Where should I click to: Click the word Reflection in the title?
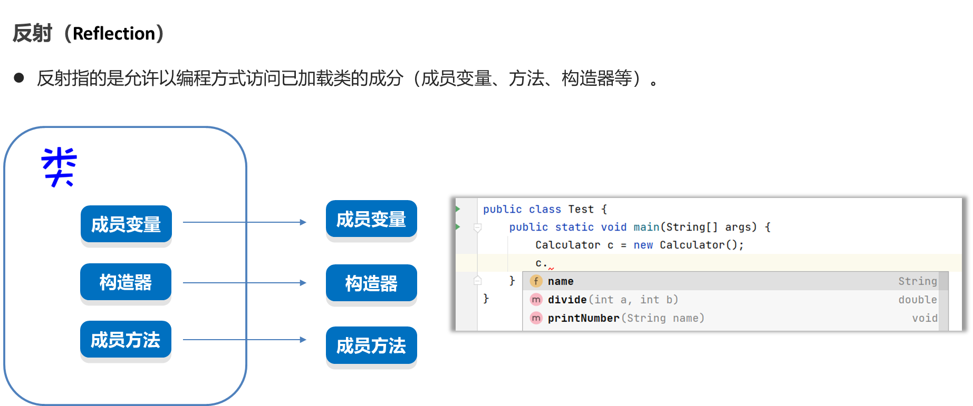[x=114, y=34]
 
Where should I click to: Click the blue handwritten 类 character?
[x=59, y=167]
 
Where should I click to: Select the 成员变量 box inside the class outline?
[x=126, y=224]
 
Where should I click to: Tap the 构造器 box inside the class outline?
[x=126, y=282]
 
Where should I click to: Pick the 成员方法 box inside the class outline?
[x=126, y=340]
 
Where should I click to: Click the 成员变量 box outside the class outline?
[x=371, y=219]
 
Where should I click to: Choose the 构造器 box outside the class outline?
[x=371, y=283]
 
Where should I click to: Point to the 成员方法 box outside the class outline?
[x=371, y=345]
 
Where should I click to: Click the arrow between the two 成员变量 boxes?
[x=245, y=222]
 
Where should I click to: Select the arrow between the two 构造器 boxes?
[x=245, y=283]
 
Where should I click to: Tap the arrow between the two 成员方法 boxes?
[x=245, y=340]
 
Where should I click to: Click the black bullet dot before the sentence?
[x=20, y=78]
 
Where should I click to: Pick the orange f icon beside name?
[x=536, y=281]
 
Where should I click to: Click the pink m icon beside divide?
[x=536, y=300]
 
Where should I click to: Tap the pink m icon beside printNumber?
[x=536, y=318]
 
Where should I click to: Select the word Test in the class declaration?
[x=581, y=209]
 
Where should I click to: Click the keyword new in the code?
[x=643, y=245]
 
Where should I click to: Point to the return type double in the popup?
[x=918, y=300]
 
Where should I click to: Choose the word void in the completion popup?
[x=925, y=318]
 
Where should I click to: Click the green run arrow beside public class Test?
[x=458, y=209]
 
